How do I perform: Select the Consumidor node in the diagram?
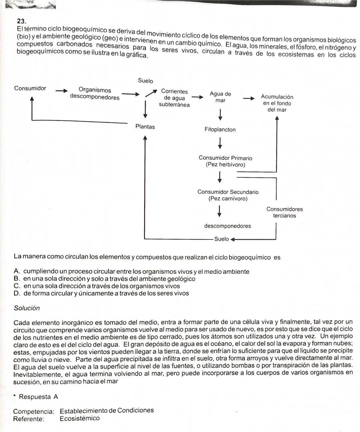tap(30, 88)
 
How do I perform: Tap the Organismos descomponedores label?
tap(95, 94)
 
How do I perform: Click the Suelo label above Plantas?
tap(145, 81)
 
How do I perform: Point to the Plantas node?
tap(145, 127)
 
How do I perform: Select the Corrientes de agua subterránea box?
tap(174, 98)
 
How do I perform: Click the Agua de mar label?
tap(220, 97)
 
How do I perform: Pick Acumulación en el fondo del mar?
tap(277, 103)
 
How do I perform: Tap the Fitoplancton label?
tap(220, 130)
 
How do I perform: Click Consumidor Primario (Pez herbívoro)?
tap(225, 161)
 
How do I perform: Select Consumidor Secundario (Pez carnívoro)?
tap(228, 195)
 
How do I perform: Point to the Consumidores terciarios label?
tap(284, 212)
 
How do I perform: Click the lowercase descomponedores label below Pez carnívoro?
tap(227, 226)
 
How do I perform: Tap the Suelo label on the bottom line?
tap(221, 239)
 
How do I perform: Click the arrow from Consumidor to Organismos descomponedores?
tap(61, 91)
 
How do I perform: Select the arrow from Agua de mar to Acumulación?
tap(248, 99)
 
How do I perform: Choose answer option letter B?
tap(17, 279)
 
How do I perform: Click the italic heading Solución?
tap(27, 308)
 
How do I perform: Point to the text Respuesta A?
tap(38, 397)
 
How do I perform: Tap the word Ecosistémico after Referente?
tap(80, 418)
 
